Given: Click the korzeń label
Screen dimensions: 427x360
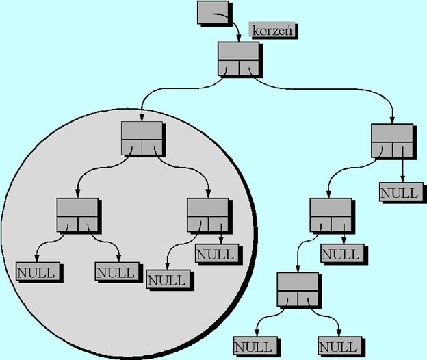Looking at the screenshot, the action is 272,30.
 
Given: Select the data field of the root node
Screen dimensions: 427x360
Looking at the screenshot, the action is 238,51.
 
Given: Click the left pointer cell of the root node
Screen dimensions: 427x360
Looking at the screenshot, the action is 229,68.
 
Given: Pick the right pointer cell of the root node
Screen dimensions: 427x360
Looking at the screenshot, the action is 249,68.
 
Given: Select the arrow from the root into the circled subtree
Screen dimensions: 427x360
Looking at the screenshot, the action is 174,89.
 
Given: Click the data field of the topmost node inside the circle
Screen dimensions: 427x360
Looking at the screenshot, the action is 142,131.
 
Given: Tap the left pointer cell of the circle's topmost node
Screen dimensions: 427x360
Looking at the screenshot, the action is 132,148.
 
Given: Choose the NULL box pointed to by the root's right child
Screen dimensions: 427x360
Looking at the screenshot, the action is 401,192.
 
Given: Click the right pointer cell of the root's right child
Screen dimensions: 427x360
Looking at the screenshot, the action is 403,150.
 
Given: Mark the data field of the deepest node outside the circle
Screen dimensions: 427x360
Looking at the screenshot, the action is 298,281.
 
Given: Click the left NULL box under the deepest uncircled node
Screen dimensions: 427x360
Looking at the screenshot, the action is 255,346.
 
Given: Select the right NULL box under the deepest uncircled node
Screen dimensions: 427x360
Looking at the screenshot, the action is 339,346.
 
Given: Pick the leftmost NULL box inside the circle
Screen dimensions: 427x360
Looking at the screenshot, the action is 38,272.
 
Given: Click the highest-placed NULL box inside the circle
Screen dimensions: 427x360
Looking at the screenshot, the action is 216,253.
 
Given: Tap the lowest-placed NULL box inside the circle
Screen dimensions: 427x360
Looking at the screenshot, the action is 168,279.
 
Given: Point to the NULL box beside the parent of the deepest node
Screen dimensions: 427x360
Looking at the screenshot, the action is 342,253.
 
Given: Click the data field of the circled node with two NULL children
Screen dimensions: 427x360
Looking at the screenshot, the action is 77,207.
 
